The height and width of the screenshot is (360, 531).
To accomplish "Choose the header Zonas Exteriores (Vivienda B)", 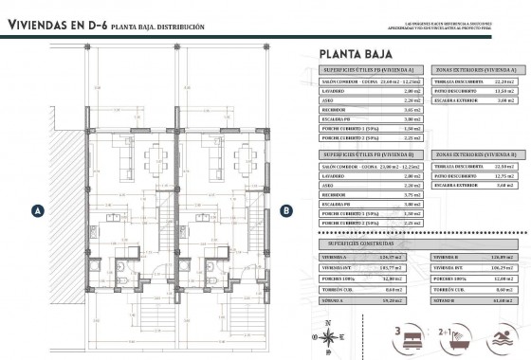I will point(474,153).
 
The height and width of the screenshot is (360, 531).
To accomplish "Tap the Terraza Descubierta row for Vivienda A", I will point(474,81).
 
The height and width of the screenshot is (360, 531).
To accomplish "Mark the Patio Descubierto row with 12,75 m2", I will point(474,175).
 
